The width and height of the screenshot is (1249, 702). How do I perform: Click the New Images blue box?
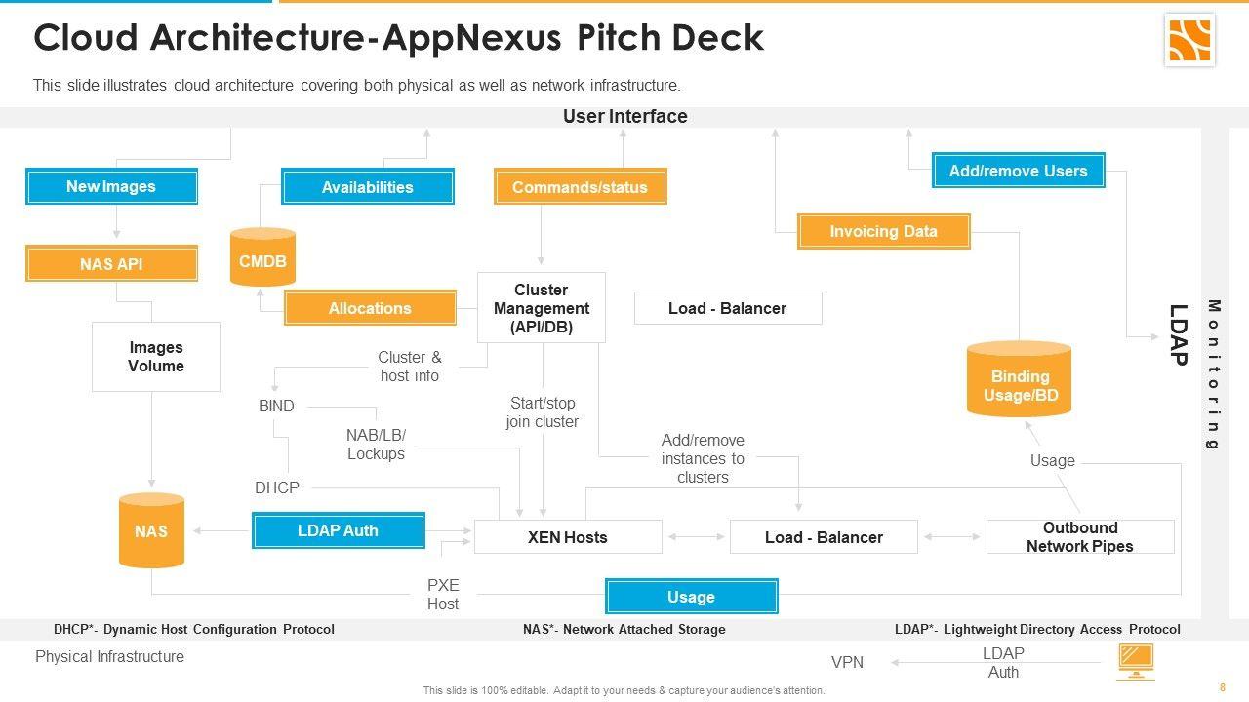point(111,186)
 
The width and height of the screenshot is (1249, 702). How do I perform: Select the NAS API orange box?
point(111,264)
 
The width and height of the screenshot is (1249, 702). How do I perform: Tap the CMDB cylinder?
point(262,259)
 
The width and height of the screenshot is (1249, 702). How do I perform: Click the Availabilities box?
point(368,187)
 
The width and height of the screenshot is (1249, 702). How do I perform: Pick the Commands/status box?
point(580,187)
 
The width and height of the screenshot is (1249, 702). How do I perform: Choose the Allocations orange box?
point(370,308)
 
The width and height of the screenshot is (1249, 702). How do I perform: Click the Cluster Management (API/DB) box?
point(542,308)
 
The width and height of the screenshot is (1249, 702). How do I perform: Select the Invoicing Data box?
point(883,232)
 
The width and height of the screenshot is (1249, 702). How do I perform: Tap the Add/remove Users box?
point(1018,171)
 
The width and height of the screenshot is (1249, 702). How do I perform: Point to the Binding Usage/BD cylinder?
point(1019,382)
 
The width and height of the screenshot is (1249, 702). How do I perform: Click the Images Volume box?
point(156,357)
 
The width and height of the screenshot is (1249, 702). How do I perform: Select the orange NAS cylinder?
point(151,530)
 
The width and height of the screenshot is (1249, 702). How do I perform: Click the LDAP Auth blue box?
point(338,531)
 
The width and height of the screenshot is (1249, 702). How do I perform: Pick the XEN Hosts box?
point(568,537)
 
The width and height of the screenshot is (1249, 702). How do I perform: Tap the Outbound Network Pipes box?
point(1079,537)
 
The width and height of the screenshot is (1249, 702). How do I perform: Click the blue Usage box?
point(691,597)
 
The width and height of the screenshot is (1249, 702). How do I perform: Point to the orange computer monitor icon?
point(1136,661)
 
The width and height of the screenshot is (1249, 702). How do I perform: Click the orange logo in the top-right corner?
point(1189,40)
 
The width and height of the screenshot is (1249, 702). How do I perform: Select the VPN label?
point(847,663)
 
